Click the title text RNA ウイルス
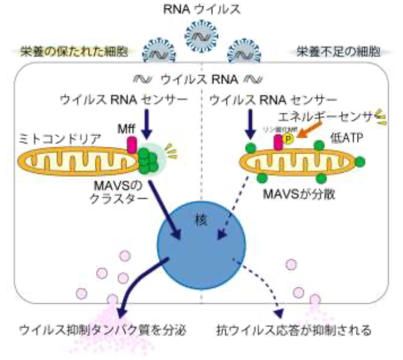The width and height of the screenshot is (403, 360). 202,9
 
